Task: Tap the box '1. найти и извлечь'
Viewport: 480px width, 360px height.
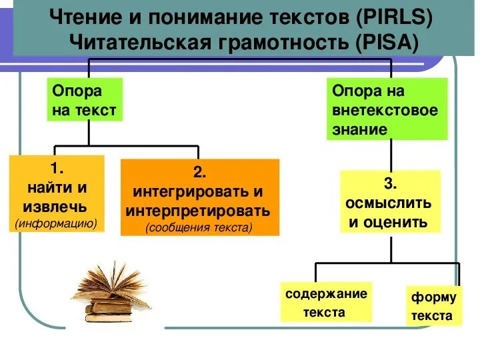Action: pos(57,193)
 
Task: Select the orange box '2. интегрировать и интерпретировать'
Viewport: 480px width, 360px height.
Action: pos(199,197)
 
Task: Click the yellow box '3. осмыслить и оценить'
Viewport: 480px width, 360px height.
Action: pos(390,201)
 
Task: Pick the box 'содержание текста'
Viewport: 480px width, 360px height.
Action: pos(326,303)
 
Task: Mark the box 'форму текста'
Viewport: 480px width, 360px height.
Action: pos(433,306)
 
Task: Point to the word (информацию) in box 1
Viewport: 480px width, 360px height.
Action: pos(57,223)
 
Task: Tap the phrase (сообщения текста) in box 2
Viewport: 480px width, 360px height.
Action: pos(199,227)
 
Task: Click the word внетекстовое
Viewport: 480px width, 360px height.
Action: pos(385,109)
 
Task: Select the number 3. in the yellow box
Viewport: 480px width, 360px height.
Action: pos(390,183)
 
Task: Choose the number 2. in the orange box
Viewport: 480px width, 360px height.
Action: pos(199,173)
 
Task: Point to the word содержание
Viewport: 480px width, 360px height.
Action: pos(326,294)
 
